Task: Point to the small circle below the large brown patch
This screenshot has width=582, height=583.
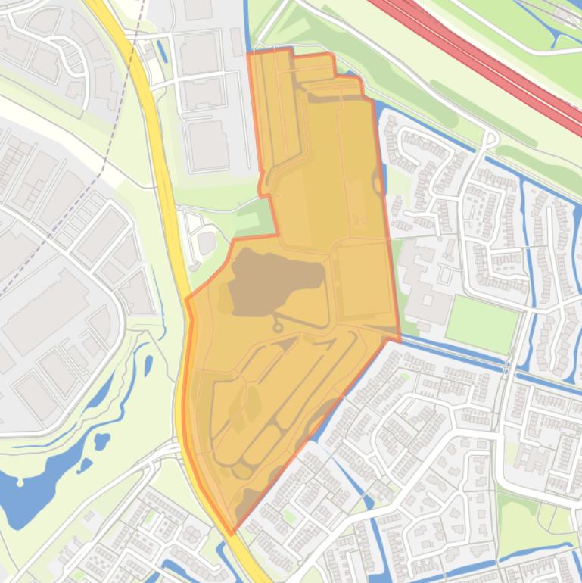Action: pos(278,328)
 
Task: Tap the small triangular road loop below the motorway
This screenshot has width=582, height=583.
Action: pos(491,139)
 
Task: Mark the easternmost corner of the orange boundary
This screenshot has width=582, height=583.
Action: pos(399,338)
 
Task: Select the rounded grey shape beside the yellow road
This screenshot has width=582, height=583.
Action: pos(206,243)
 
